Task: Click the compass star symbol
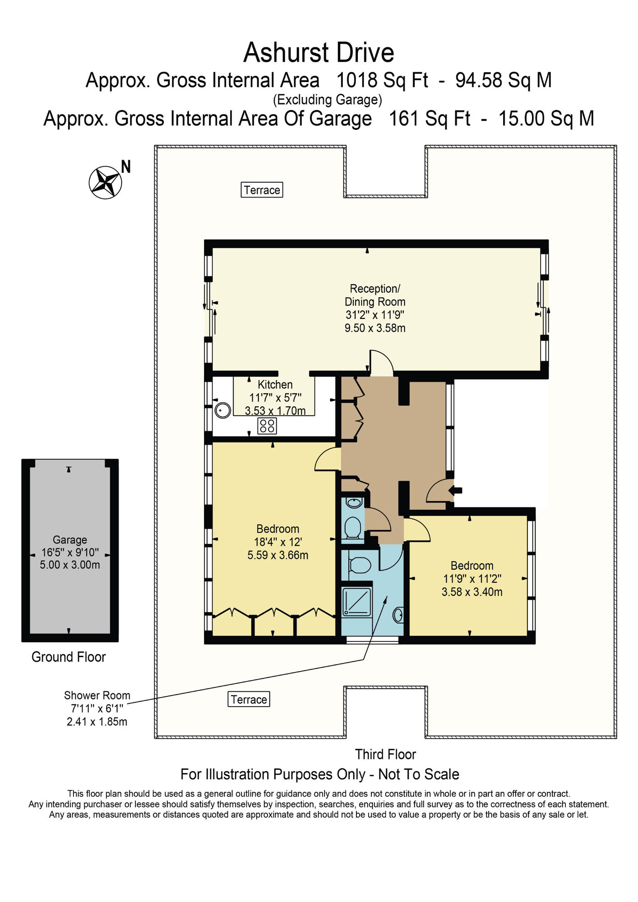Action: (106, 182)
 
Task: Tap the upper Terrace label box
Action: (262, 190)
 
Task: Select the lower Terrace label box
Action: (249, 700)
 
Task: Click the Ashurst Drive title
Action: (319, 53)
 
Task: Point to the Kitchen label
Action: (275, 385)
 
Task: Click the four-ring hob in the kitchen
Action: (267, 426)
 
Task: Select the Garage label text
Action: (69, 540)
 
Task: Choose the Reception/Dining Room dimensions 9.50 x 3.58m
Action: (374, 328)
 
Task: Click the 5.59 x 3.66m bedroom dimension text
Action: (277, 556)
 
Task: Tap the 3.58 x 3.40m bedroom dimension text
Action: (472, 592)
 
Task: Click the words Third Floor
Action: (385, 754)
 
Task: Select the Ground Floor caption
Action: (69, 657)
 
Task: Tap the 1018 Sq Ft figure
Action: (382, 81)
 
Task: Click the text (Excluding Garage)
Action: (327, 100)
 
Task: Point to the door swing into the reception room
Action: (382, 363)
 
